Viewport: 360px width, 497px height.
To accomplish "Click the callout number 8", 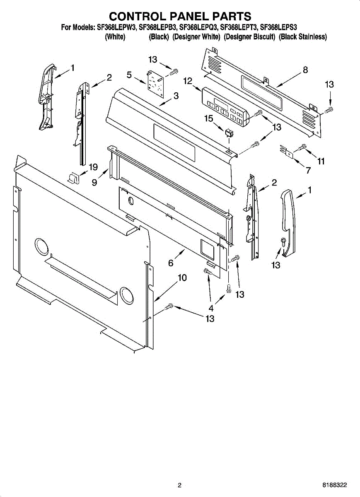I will [x=305, y=70].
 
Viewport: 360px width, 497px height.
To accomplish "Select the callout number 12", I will [x=188, y=81].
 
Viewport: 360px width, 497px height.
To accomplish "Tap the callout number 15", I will [x=209, y=119].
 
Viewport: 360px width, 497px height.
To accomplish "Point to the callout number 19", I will [x=93, y=167].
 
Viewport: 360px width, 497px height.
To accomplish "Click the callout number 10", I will [x=182, y=278].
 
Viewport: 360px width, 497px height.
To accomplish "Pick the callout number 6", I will [x=171, y=263].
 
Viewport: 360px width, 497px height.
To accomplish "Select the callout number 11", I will [x=321, y=162].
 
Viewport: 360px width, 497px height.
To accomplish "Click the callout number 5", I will [x=130, y=75].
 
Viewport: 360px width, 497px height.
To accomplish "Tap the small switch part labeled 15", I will [x=227, y=133].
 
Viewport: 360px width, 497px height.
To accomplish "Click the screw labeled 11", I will [x=302, y=147].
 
